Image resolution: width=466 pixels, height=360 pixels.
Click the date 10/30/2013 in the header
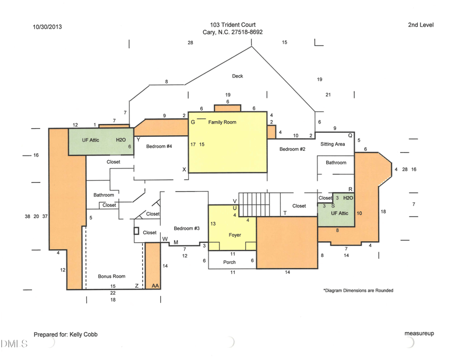tap(47, 26)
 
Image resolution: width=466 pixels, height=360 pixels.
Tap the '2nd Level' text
tap(421, 25)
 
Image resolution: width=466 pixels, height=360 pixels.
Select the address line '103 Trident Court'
tap(232, 25)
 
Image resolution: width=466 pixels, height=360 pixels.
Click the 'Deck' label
tap(237, 76)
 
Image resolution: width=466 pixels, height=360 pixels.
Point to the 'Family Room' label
tap(222, 122)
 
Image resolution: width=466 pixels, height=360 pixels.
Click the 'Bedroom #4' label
tap(158, 146)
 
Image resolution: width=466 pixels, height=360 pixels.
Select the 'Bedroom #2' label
tap(292, 149)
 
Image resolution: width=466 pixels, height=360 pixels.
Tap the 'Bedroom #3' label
tap(187, 228)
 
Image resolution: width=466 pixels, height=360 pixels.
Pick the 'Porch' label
tap(230, 262)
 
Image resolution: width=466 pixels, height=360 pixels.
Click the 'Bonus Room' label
tap(111, 276)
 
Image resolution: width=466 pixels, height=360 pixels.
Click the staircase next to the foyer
tap(259, 203)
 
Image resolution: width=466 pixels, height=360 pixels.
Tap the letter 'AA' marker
tap(155, 286)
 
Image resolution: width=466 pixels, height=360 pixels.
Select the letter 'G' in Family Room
tap(193, 122)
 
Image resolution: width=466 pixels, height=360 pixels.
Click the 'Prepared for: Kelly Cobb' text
tap(65, 334)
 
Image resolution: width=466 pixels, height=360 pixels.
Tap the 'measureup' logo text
tap(419, 333)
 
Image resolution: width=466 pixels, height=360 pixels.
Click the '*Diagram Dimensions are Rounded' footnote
tap(358, 290)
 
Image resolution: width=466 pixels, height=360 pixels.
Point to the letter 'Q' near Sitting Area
tap(350, 135)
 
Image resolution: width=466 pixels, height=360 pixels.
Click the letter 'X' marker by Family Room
tap(184, 170)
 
